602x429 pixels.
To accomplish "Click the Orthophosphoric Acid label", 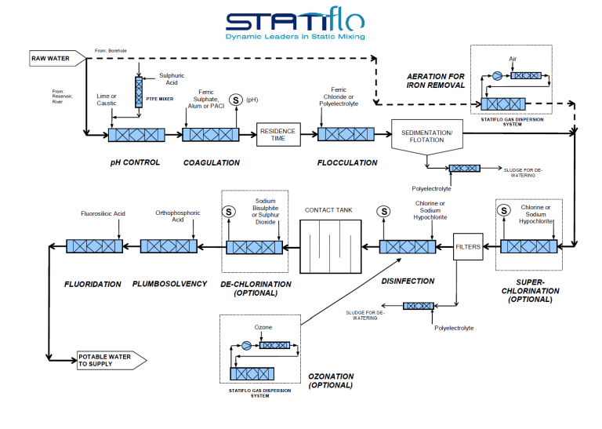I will (177, 216).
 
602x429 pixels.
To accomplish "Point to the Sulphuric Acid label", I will (171, 79).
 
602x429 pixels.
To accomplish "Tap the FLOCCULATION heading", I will (347, 163).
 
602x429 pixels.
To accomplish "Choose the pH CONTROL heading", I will (135, 163).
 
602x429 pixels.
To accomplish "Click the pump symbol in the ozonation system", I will (246, 344).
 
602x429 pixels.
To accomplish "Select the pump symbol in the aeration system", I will (496, 76).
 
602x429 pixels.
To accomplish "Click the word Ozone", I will (263, 327).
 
